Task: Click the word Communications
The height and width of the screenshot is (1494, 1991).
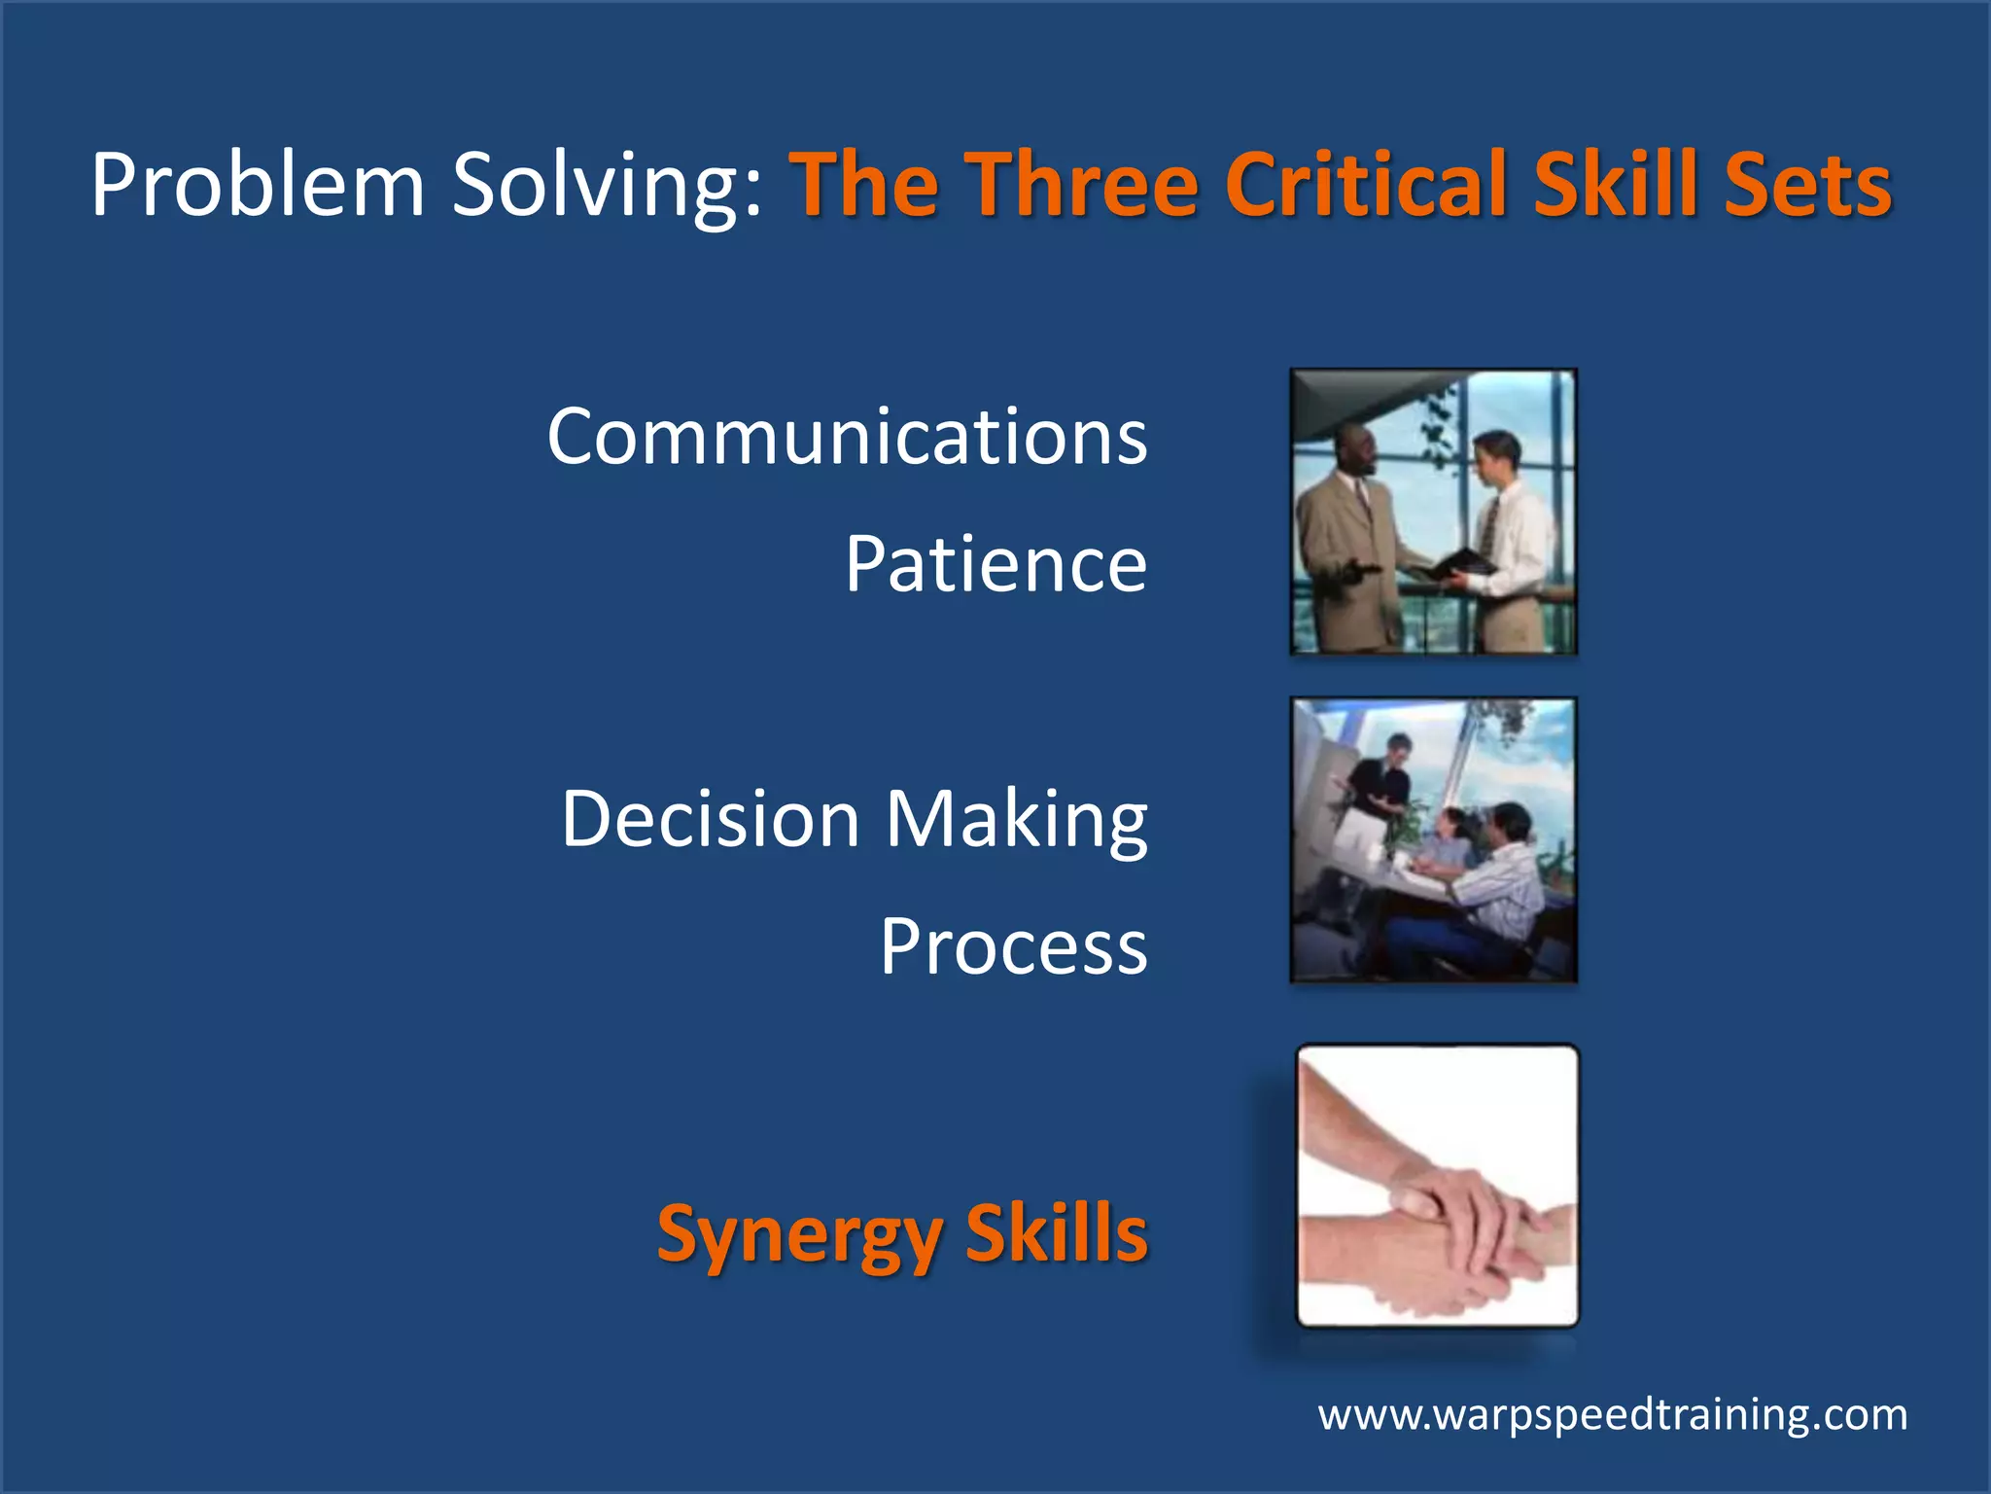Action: tap(847, 437)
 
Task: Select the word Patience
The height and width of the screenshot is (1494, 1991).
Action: tap(995, 564)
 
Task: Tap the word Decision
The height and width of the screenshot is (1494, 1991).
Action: tap(711, 819)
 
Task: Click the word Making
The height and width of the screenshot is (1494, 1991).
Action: tap(1016, 819)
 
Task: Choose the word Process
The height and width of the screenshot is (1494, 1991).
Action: tap(1013, 946)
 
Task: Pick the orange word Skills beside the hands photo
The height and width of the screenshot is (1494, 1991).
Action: tap(1057, 1233)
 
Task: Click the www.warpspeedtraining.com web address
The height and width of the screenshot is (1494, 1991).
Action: tap(1612, 1414)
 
